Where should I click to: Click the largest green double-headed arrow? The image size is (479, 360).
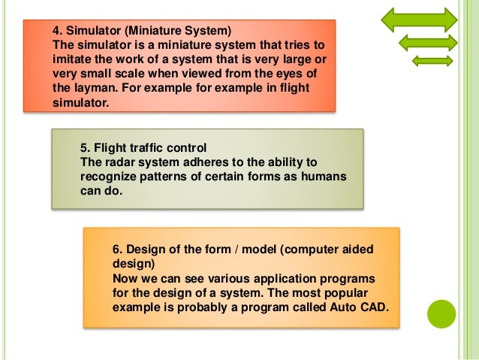(419, 20)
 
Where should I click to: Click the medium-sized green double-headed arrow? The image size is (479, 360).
(427, 43)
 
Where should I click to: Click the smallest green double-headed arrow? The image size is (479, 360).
(432, 60)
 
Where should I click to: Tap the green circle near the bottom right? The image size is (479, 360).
(441, 313)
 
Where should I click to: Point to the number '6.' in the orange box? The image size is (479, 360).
(117, 249)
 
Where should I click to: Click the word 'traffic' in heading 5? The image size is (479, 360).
(147, 147)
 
